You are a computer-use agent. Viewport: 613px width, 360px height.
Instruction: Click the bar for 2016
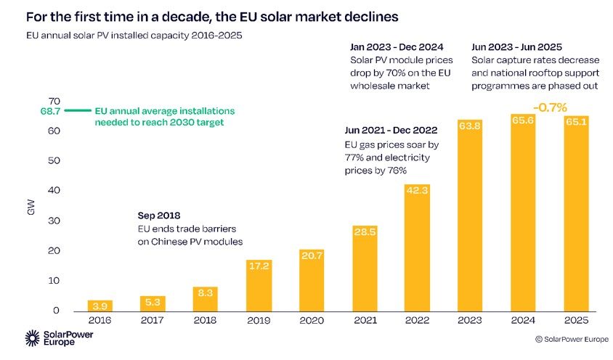[x=100, y=306]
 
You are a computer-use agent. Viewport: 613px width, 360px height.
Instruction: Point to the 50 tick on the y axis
[x=54, y=160]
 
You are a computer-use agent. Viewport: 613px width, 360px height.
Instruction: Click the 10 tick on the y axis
[x=54, y=280]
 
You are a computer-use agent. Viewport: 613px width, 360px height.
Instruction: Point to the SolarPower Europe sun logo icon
[x=33, y=337]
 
